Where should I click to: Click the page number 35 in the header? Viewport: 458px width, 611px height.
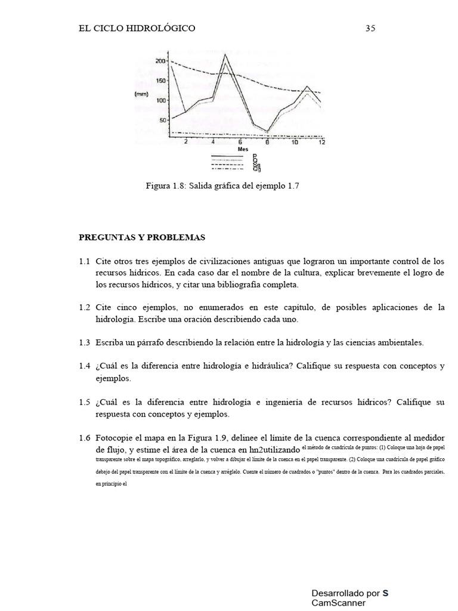[x=370, y=28]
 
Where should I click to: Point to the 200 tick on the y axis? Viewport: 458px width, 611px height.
[x=160, y=61]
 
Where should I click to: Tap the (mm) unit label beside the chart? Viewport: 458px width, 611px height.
[x=141, y=94]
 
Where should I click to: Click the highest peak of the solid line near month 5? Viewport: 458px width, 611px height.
[x=225, y=55]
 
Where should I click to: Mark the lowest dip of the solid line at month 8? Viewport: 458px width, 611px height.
[x=267, y=131]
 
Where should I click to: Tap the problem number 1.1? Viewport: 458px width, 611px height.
[x=84, y=262]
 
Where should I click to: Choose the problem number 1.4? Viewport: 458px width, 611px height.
[x=84, y=366]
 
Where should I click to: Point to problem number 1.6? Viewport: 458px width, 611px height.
[x=84, y=438]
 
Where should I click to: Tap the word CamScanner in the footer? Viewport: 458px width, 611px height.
[x=338, y=603]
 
